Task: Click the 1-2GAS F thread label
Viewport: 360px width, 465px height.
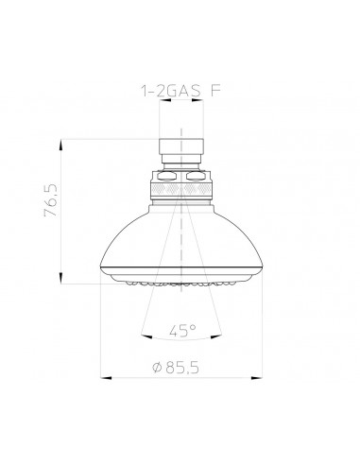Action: click(x=180, y=91)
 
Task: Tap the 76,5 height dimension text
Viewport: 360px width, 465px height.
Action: click(x=51, y=200)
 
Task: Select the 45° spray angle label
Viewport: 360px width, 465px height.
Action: click(x=182, y=331)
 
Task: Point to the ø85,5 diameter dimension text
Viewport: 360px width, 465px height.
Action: click(x=176, y=367)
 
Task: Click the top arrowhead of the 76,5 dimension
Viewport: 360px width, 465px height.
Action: click(x=60, y=146)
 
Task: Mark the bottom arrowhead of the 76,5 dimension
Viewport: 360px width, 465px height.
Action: click(x=60, y=278)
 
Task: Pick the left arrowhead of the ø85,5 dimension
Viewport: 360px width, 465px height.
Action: click(x=106, y=377)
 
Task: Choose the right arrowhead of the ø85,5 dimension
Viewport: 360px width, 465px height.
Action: click(x=257, y=377)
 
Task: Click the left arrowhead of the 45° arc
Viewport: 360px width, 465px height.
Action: click(x=146, y=336)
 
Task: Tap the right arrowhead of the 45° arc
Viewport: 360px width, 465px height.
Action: click(x=216, y=336)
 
